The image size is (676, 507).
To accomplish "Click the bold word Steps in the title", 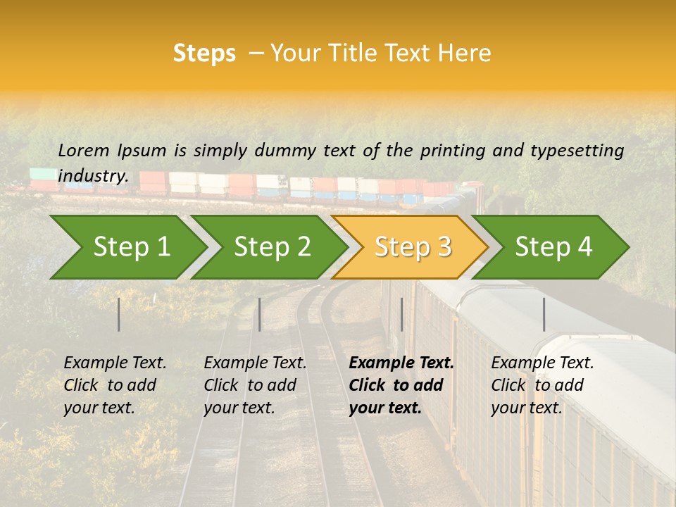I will pos(204,54).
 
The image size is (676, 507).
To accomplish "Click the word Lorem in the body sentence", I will pos(84,150).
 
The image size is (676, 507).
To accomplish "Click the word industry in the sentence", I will pos(92,176).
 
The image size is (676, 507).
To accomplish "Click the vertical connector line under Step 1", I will pos(119,314).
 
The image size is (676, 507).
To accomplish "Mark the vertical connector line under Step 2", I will pos(260,314).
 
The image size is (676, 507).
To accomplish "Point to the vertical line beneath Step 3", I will pos(402,314).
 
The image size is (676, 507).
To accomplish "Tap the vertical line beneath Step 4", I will pos(544,314).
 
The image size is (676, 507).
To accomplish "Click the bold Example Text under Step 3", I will pos(401,363).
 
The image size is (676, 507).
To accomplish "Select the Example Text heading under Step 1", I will pos(115,363).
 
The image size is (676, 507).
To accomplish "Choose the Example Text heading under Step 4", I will pos(542,363).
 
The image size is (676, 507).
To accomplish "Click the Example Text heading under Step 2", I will pos(255,363).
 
